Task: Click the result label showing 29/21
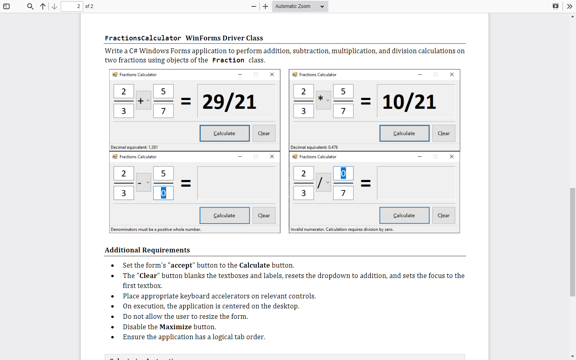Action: [236, 101]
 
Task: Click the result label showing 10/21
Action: [416, 101]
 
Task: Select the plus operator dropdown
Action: [144, 100]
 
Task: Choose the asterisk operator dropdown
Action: [323, 100]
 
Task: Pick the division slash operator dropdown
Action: [323, 182]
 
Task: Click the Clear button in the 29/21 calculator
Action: [264, 134]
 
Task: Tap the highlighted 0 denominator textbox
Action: [163, 193]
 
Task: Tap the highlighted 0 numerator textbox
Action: [343, 174]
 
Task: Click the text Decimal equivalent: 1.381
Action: [134, 147]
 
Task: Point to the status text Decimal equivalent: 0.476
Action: [314, 147]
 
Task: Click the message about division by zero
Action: [342, 230]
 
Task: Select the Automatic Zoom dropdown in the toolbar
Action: [300, 6]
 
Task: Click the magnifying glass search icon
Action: [30, 6]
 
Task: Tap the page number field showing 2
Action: [72, 6]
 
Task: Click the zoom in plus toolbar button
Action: [265, 6]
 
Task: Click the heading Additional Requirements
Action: [147, 250]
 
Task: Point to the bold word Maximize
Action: [175, 327]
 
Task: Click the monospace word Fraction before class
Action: [228, 60]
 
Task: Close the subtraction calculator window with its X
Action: [272, 157]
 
